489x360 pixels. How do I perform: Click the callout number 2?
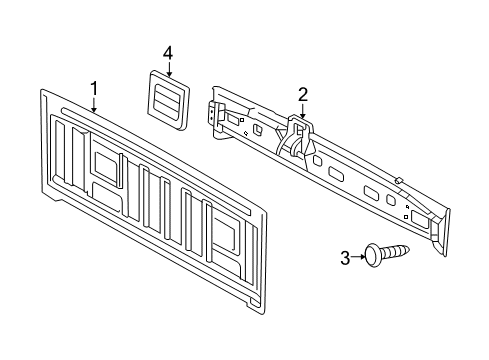tap(302, 95)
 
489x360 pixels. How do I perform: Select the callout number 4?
tap(169, 51)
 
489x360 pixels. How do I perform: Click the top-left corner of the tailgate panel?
tap(46, 91)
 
